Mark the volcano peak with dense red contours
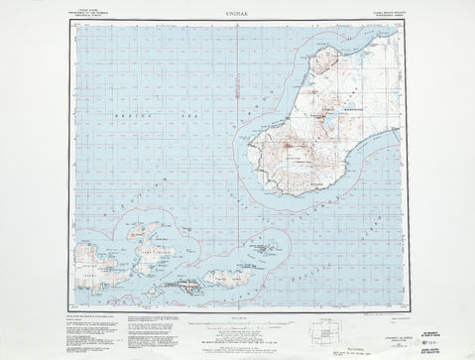[x=290, y=152]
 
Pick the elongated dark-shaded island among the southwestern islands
[x=187, y=285]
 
